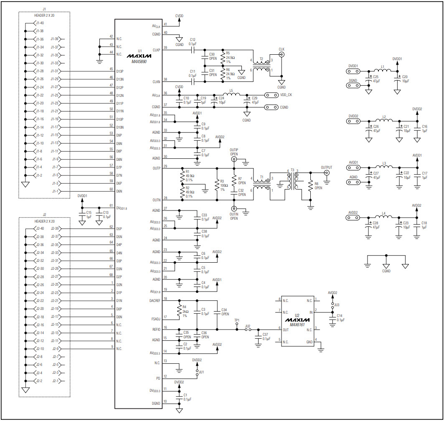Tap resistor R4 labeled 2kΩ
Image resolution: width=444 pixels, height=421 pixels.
[180, 311]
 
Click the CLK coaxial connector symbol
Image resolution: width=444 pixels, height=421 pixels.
[282, 54]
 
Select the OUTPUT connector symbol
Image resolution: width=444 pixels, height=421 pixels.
[327, 172]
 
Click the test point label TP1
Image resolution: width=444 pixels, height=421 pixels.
[237, 320]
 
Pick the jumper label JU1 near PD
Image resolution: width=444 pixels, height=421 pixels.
[201, 372]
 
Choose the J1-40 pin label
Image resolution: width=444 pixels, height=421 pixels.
[39, 23]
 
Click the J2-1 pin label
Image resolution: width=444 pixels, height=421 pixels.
[55, 381]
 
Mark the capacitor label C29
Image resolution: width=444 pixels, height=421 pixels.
[256, 98]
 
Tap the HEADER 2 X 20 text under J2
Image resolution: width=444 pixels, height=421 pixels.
[44, 221]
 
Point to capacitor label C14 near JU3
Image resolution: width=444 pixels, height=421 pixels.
[339, 316]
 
